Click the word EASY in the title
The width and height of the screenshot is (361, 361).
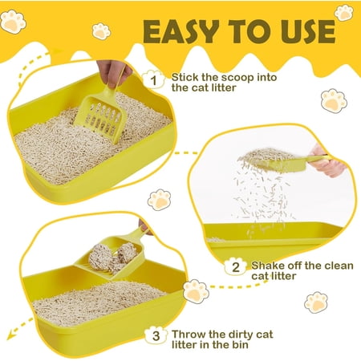(x=181, y=31)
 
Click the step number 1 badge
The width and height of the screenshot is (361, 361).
(x=153, y=80)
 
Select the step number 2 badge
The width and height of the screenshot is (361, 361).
(x=235, y=267)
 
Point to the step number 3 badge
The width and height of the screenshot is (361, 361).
(x=156, y=335)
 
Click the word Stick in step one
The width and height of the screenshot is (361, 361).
(x=185, y=77)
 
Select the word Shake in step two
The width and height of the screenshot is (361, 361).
(x=266, y=266)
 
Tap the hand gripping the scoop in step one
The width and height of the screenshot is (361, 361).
(x=113, y=72)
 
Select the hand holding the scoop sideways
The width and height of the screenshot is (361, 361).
(x=330, y=161)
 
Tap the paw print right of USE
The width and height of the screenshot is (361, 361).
(x=344, y=12)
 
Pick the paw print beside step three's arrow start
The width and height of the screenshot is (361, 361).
(x=196, y=291)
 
